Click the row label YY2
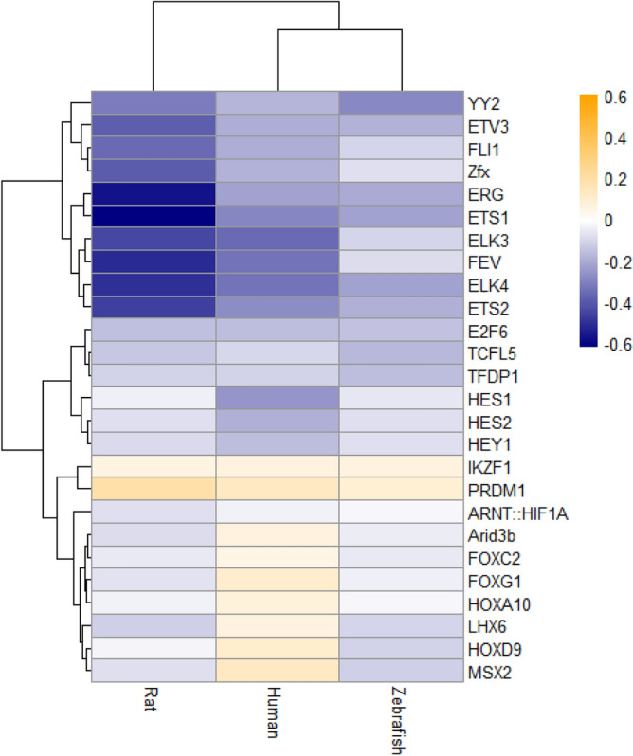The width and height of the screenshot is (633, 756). coord(480,101)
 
